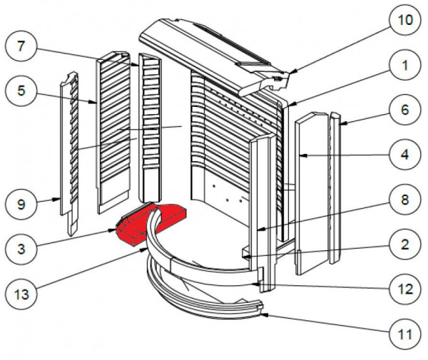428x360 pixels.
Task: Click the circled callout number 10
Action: pos(405,20)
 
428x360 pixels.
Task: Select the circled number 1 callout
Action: pos(405,65)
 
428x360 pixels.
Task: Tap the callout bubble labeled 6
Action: pos(405,110)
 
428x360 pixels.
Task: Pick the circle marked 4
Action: pos(405,155)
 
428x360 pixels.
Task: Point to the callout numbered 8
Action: pos(405,200)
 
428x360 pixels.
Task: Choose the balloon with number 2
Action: pos(405,244)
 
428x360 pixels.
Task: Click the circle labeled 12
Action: pos(405,289)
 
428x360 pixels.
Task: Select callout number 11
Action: pos(405,334)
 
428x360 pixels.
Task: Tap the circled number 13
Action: pos(21,294)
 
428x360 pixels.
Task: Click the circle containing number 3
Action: pos(21,249)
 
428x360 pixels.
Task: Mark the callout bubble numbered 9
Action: pos(21,204)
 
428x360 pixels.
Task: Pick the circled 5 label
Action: pos(21,91)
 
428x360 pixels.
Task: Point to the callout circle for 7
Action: pos(21,46)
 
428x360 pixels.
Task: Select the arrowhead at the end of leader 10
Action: pos(292,72)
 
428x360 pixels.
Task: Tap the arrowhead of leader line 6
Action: pos(342,124)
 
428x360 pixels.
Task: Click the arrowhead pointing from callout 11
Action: pos(264,315)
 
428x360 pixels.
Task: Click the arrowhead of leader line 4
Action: pos(303,155)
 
